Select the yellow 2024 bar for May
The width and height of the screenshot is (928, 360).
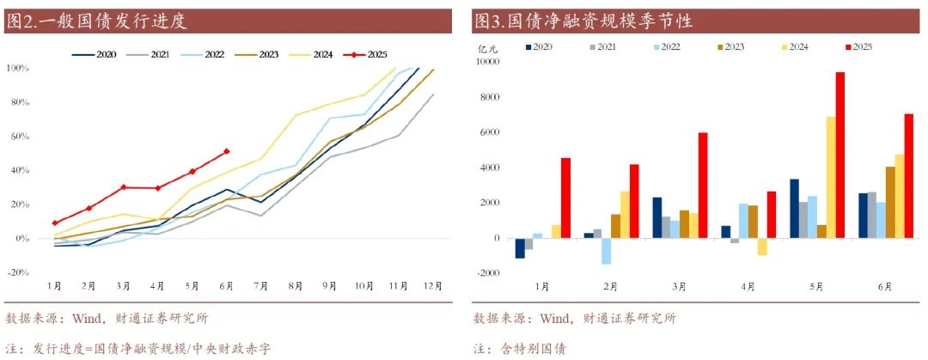[830, 177]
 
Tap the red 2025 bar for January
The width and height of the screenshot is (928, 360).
[565, 198]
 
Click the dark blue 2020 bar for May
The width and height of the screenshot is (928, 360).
[795, 209]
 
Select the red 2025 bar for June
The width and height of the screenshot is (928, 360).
[908, 176]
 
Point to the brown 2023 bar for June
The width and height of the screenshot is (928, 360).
[890, 202]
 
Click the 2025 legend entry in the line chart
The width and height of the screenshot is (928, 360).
[366, 54]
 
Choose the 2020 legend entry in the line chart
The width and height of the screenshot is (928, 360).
[95, 54]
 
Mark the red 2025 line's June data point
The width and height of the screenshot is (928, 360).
[226, 151]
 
